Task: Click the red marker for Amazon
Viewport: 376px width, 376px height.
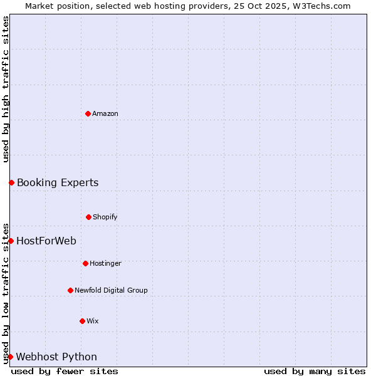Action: (x=88, y=113)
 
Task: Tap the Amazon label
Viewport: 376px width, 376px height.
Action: (x=105, y=113)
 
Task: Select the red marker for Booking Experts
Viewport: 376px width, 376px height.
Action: (x=11, y=182)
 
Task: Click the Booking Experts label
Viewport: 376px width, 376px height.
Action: (x=58, y=183)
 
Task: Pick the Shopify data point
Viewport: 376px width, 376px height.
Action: (x=88, y=217)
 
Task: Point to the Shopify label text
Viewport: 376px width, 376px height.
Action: (x=105, y=217)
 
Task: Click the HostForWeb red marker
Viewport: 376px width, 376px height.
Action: (x=11, y=241)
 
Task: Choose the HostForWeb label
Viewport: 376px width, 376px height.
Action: (x=46, y=241)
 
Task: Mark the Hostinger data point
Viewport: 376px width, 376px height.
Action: (x=85, y=263)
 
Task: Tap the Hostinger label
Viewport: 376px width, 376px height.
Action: (x=105, y=263)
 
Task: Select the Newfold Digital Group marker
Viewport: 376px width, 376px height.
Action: (x=70, y=290)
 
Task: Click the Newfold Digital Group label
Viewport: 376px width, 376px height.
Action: (x=111, y=290)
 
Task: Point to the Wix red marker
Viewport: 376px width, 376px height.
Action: (x=82, y=321)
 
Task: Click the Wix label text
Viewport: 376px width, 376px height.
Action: (x=93, y=321)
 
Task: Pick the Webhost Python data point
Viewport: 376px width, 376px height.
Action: (x=10, y=357)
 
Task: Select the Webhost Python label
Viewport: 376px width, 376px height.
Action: (x=56, y=357)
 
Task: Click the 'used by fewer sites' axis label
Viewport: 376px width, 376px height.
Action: (x=65, y=371)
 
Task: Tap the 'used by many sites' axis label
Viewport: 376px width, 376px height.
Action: (x=315, y=371)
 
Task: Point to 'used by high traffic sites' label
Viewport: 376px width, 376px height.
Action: (x=6, y=89)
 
